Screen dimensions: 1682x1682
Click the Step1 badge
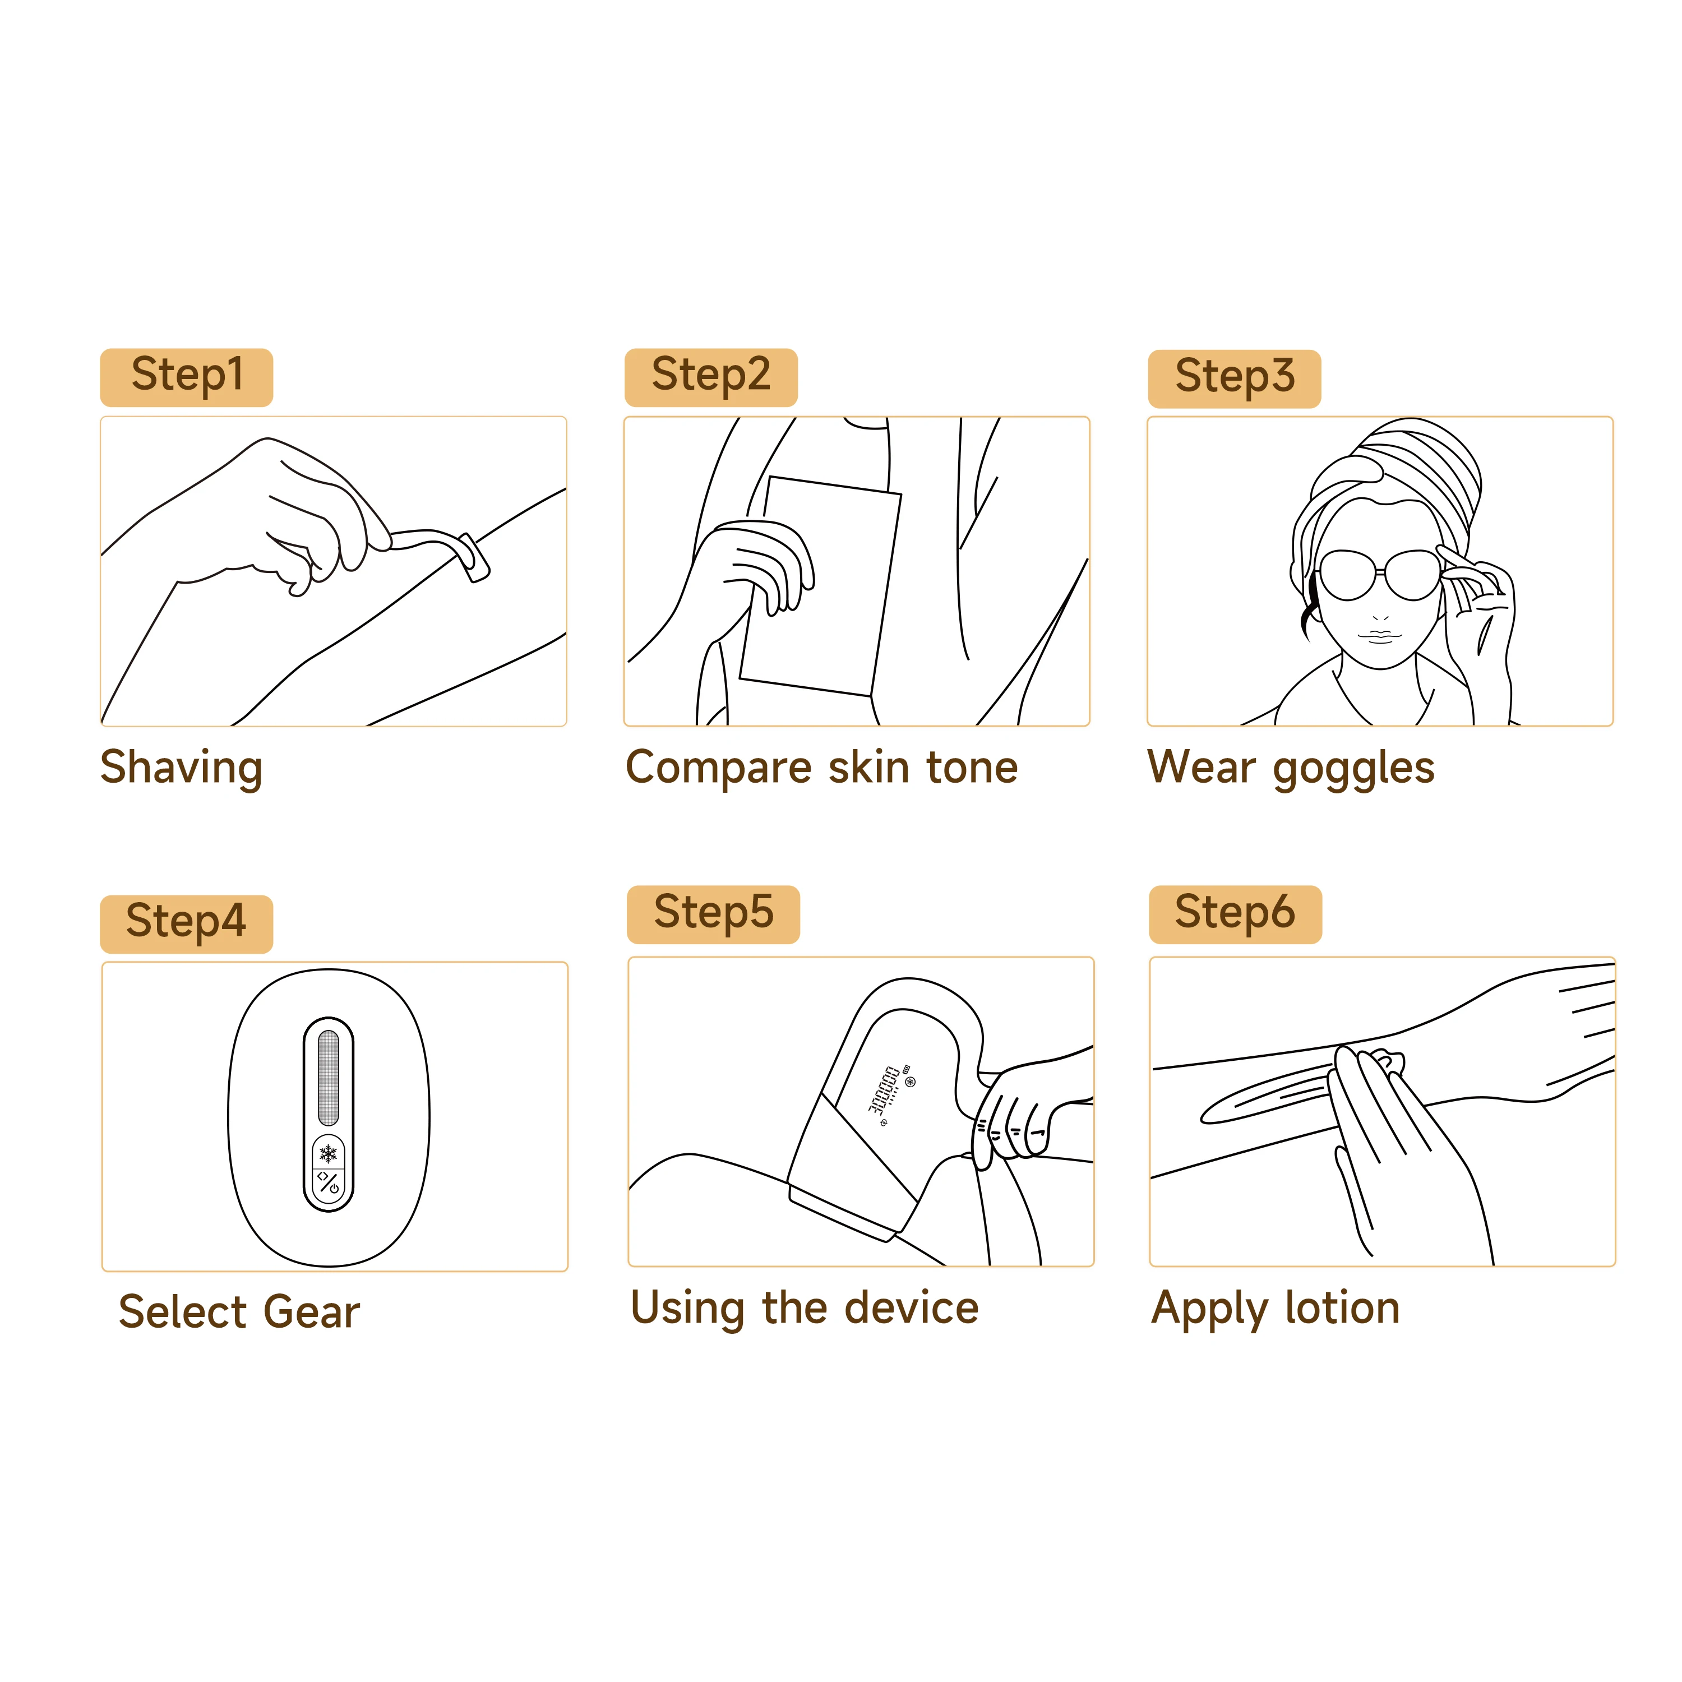point(186,377)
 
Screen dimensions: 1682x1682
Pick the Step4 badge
point(186,924)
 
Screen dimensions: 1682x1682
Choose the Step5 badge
point(713,914)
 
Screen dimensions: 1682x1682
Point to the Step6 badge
point(1235,914)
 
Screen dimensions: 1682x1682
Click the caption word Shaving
point(181,768)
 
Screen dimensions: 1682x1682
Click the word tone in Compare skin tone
point(972,768)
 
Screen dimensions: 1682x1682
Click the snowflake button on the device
point(328,1154)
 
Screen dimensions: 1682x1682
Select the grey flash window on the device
point(328,1078)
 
